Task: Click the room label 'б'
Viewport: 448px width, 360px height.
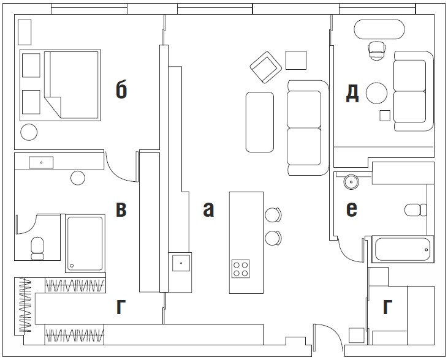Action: (x=121, y=89)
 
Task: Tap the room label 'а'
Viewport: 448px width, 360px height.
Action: (x=208, y=209)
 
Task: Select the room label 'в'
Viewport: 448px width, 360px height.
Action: (x=121, y=209)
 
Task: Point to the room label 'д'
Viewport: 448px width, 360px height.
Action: (x=352, y=94)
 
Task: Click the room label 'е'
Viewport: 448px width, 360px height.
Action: (x=351, y=209)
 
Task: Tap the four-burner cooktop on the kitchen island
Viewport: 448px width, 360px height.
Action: (x=241, y=269)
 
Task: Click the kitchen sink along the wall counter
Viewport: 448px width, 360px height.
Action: (x=181, y=263)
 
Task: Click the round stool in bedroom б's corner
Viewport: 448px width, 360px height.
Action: (x=29, y=132)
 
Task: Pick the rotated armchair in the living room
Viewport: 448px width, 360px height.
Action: (x=266, y=67)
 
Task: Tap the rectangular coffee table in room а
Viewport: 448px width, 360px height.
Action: (x=260, y=122)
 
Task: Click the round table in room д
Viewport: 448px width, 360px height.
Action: (x=376, y=93)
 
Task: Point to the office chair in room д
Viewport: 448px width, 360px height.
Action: (x=376, y=51)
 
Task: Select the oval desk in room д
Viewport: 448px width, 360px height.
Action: (x=379, y=29)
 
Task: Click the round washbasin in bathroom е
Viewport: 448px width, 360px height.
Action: (x=351, y=182)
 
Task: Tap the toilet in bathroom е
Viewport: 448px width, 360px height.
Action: (x=416, y=210)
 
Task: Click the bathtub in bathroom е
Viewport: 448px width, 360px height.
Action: (x=403, y=249)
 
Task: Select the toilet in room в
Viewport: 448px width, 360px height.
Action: (x=37, y=249)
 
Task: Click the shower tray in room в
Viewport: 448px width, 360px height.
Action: (x=85, y=244)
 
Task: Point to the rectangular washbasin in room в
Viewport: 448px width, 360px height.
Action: (x=41, y=162)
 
